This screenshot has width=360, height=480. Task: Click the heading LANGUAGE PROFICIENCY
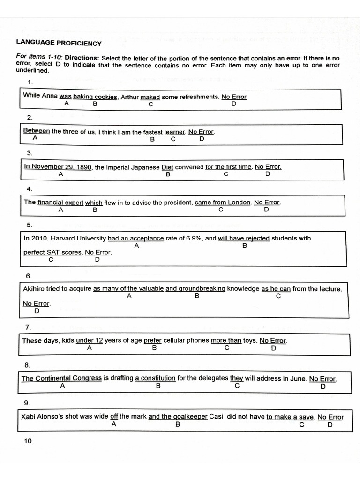point(59,43)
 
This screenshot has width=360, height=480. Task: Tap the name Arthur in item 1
point(129,97)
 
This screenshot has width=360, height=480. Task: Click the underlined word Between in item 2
point(37,131)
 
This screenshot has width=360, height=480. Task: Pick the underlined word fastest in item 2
point(153,132)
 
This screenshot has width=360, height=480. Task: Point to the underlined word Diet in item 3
point(167,167)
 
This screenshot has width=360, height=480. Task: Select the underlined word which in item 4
point(94,202)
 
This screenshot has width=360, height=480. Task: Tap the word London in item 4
point(240,202)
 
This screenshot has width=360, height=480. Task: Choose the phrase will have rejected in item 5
point(244,238)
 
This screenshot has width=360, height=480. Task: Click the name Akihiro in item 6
point(34,289)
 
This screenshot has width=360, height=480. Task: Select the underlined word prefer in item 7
point(152,341)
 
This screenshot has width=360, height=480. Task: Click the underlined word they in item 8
point(236,378)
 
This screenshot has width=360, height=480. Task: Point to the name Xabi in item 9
point(30,417)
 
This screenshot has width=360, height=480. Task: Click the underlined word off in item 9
point(114,417)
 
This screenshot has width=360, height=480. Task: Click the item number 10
point(29,441)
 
